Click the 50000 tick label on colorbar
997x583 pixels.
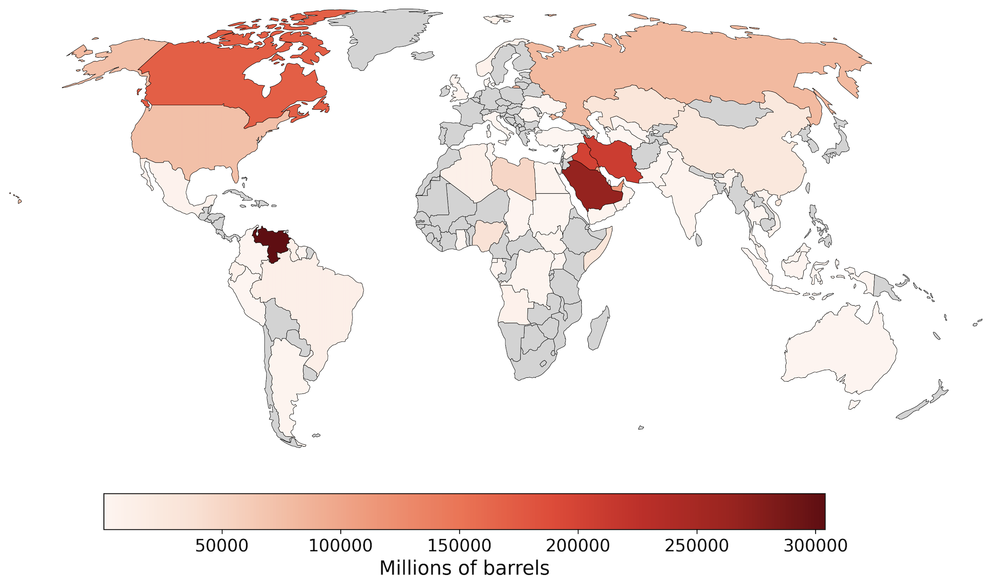[x=222, y=546]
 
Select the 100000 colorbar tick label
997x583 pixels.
[x=340, y=546]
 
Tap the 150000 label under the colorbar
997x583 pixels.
[x=459, y=546]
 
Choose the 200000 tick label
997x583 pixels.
[x=578, y=546]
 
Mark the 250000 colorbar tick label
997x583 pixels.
[x=696, y=546]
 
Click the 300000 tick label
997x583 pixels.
[x=815, y=546]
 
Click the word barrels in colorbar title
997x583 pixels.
[x=520, y=568]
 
